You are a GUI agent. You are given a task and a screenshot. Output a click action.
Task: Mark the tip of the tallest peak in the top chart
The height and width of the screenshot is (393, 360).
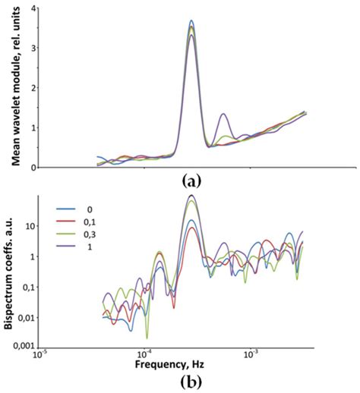(x=191, y=20)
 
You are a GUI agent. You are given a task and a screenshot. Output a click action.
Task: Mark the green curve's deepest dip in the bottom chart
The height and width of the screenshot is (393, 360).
(x=147, y=337)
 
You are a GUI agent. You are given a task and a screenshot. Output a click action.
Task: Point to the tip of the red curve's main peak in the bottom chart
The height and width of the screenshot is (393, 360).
(x=191, y=228)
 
